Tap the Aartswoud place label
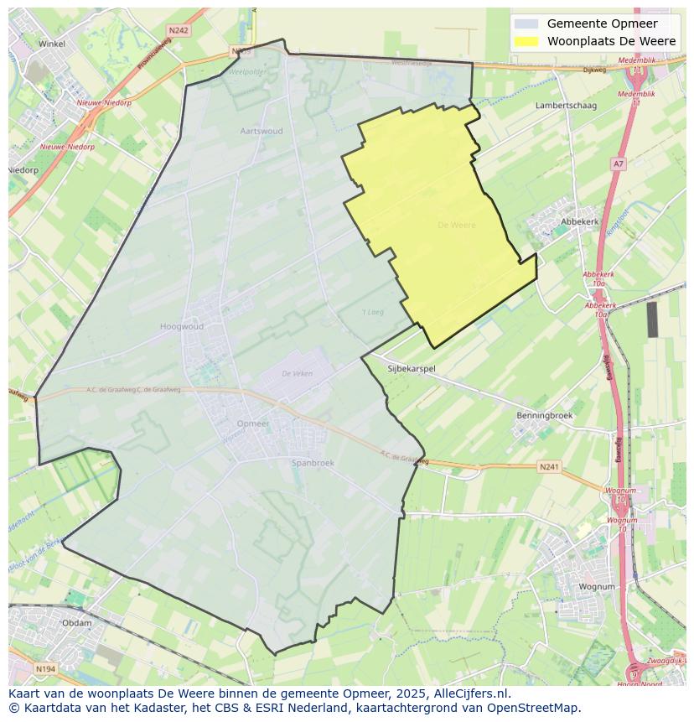[262, 131]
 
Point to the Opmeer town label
[253, 423]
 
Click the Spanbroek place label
[313, 462]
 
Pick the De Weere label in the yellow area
[457, 225]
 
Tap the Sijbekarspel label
[412, 368]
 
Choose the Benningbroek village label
[545, 415]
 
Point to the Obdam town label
[77, 623]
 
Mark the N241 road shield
[549, 467]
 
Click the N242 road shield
[178, 30]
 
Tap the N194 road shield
[46, 668]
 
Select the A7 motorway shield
[619, 164]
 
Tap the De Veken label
[297, 374]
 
